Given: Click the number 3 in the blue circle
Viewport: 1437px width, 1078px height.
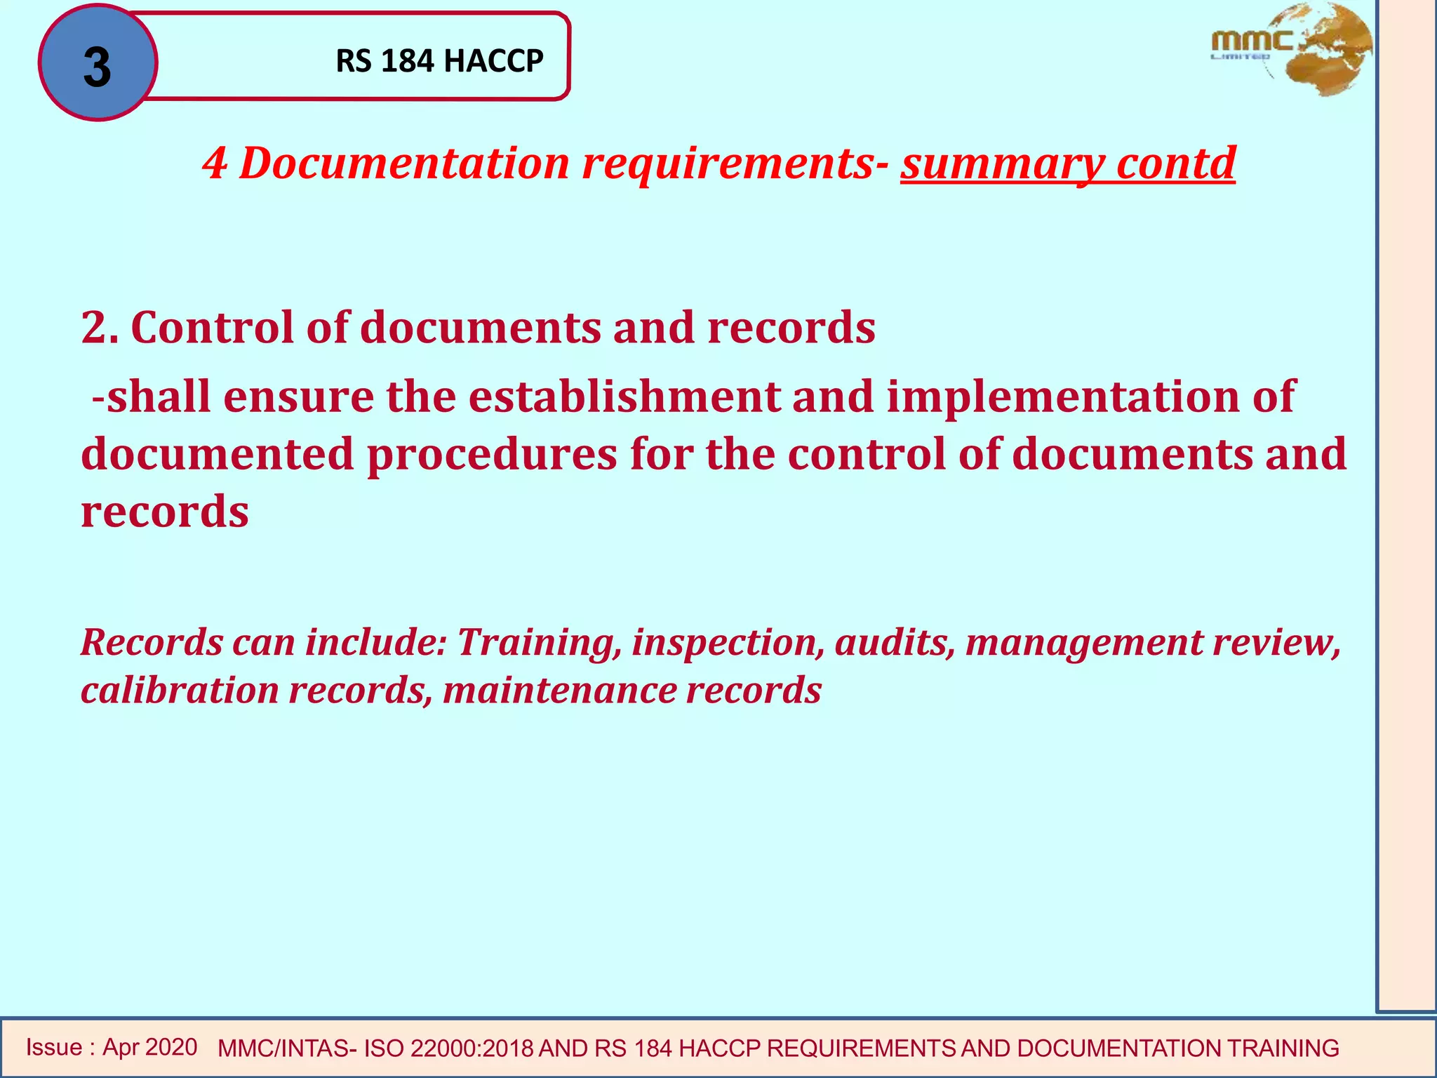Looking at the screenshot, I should click(97, 67).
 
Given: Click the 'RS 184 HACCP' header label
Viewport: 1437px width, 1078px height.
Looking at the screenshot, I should click(439, 61).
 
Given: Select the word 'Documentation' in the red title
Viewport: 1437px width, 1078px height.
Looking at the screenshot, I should click(404, 164).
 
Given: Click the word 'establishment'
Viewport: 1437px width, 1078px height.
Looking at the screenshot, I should click(624, 397).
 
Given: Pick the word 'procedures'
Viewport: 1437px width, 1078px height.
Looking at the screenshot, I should click(491, 454).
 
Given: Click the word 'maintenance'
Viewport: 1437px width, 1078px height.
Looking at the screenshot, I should click(559, 690).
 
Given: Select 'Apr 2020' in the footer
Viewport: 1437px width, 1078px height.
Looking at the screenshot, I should click(149, 1047).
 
